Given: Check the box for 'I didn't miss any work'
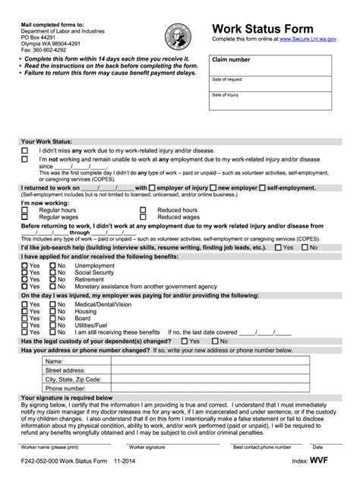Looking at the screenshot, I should click(x=24, y=151).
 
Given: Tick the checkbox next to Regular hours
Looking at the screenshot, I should click(x=24, y=209).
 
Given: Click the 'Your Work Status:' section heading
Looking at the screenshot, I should click(x=47, y=141).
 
